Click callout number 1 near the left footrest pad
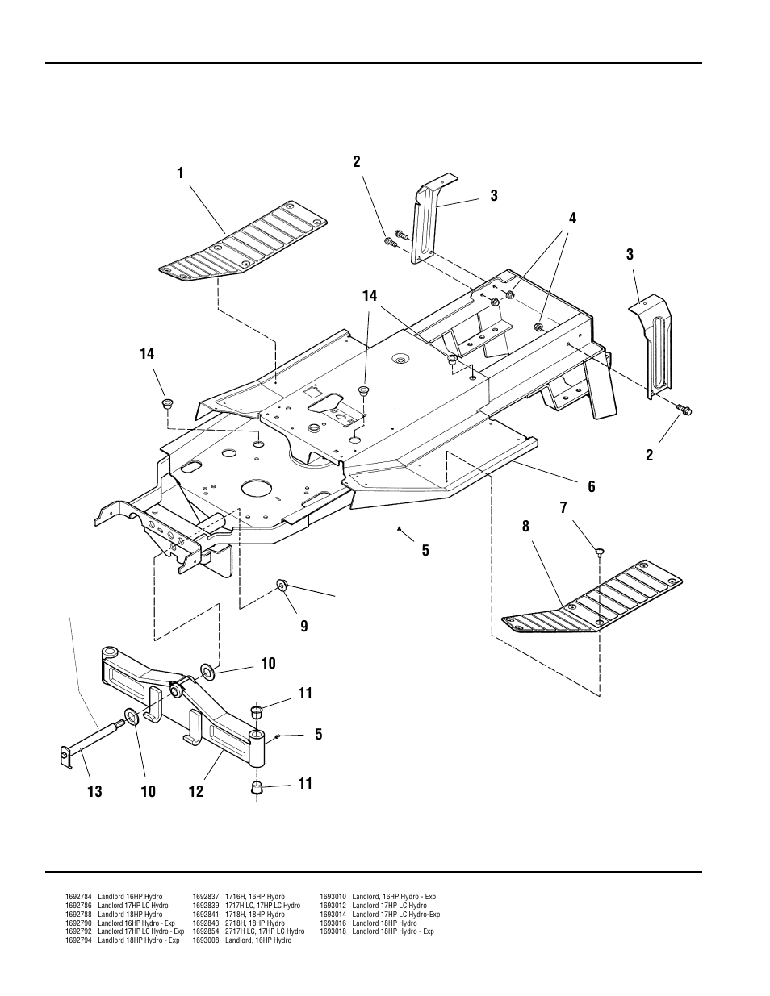(x=180, y=173)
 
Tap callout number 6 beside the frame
(x=591, y=487)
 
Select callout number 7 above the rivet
(x=563, y=508)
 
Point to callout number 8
(x=525, y=527)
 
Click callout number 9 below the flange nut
(x=304, y=627)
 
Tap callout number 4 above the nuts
(x=572, y=219)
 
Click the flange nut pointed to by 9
(x=281, y=585)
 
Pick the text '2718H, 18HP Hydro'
(x=255, y=923)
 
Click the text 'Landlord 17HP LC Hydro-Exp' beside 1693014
(x=396, y=915)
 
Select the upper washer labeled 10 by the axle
(x=207, y=672)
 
